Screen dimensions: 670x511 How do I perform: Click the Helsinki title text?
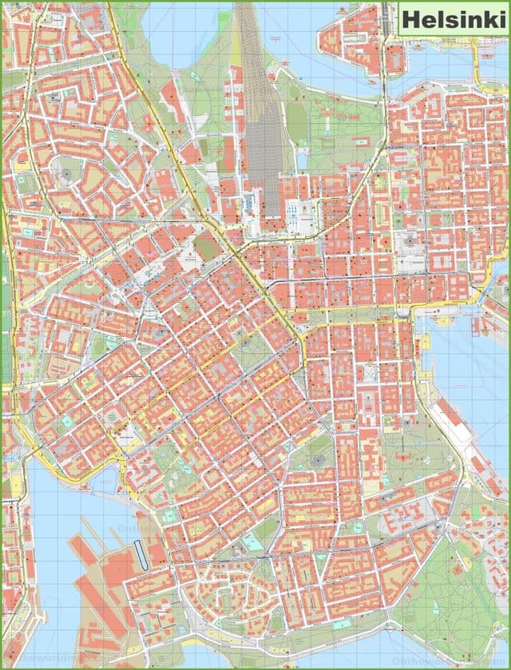(x=452, y=20)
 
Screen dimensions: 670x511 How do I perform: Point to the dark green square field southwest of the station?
(x=208, y=245)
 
